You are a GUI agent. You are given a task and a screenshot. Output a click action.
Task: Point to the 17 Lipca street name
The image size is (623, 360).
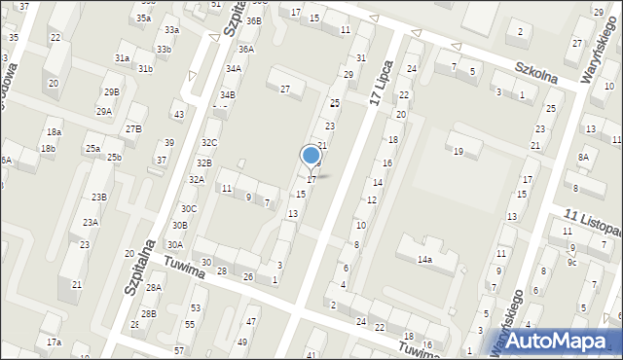pyautogui.click(x=386, y=85)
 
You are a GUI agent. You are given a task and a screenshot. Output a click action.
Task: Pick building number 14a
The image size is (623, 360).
pyautogui.click(x=424, y=260)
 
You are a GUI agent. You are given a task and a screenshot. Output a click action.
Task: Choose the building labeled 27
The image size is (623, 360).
pyautogui.click(x=285, y=90)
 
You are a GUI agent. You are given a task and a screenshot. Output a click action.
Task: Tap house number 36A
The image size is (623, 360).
pyautogui.click(x=246, y=49)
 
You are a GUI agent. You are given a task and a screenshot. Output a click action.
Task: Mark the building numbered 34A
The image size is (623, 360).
pyautogui.click(x=233, y=68)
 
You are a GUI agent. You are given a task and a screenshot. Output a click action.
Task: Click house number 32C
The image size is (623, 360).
pyautogui.click(x=209, y=143)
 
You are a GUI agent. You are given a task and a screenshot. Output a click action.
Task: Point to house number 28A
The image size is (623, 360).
pyautogui.click(x=153, y=287)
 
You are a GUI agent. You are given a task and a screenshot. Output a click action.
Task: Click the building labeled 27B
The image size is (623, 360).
pyautogui.click(x=133, y=128)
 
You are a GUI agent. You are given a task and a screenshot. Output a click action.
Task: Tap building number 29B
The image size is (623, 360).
pyautogui.click(x=112, y=91)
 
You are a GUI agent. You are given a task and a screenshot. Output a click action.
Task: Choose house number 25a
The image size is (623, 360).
pyautogui.click(x=92, y=148)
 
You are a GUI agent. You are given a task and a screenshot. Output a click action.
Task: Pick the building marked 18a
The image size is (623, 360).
pyautogui.click(x=54, y=131)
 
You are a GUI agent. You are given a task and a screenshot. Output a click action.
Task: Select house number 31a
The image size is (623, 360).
pyautogui.click(x=122, y=58)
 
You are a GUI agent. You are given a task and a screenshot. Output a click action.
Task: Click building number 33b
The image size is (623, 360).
pyautogui.click(x=164, y=49)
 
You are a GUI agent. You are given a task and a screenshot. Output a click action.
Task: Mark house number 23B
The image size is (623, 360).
pyautogui.click(x=98, y=197)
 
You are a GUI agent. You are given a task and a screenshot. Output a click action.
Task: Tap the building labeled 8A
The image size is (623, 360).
pyautogui.click(x=583, y=157)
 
